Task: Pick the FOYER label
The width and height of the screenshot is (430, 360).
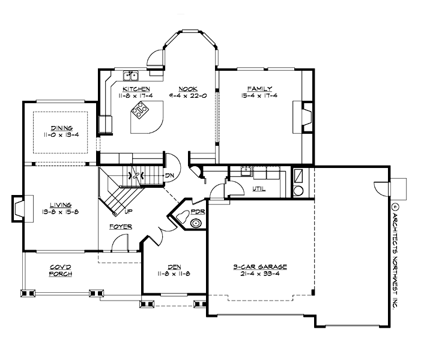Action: pos(121,226)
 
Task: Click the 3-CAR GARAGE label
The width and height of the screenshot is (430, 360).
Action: pos(260,266)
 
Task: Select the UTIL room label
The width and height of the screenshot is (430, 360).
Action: pos(258,189)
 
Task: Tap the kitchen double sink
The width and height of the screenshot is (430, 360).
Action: pos(131,76)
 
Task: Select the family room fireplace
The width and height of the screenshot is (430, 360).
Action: pos(306,115)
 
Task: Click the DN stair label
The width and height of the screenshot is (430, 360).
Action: pos(170,175)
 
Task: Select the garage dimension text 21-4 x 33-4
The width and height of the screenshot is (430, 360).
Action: pos(260,274)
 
